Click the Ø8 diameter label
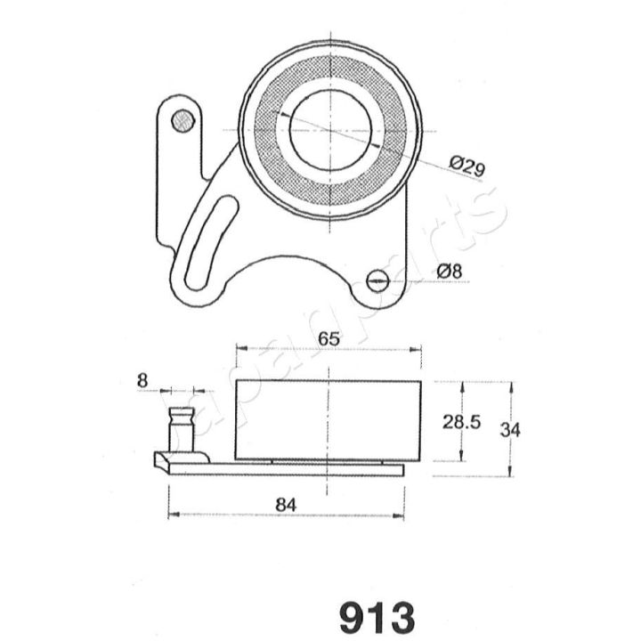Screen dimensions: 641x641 coord(450,271)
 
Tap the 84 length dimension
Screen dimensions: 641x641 coord(286,505)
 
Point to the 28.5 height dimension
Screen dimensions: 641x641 coord(461,423)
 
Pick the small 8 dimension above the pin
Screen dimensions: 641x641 coord(142,381)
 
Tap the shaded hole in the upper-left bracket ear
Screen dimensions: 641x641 coord(183,121)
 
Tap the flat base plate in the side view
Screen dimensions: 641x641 coord(294,468)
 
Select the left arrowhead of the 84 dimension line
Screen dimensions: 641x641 coord(172,514)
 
